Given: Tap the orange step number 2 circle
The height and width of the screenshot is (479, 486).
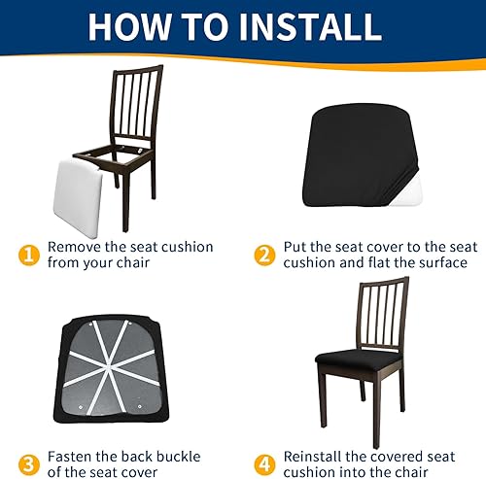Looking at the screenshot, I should click(263, 256).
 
